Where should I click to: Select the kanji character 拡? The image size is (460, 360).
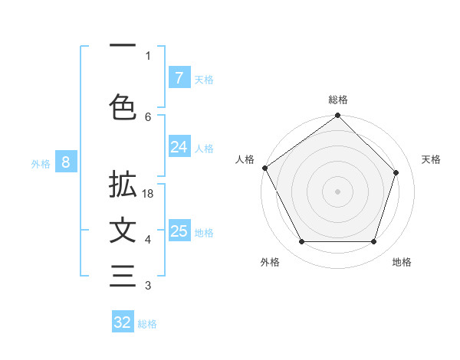click(123, 186)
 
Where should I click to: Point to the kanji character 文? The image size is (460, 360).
click(123, 231)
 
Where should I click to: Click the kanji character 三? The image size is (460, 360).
click(123, 277)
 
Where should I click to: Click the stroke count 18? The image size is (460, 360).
click(148, 195)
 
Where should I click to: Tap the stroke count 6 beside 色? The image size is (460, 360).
click(148, 116)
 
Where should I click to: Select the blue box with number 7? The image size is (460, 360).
click(179, 77)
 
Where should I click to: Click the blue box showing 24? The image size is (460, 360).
click(179, 147)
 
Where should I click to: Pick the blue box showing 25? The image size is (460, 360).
click(179, 231)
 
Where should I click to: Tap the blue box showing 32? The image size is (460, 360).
click(123, 322)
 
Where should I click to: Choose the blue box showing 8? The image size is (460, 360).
click(66, 162)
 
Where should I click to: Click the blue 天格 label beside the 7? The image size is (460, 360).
click(204, 79)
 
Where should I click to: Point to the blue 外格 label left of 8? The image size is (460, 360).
click(41, 163)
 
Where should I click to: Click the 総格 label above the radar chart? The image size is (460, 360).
click(338, 100)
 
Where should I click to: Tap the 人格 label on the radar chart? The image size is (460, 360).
click(245, 159)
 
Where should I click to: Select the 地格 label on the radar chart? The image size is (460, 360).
click(402, 262)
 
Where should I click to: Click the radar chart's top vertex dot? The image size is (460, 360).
click(338, 116)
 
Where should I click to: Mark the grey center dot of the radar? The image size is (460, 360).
click(338, 191)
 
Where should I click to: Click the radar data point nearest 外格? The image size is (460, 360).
click(301, 242)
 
